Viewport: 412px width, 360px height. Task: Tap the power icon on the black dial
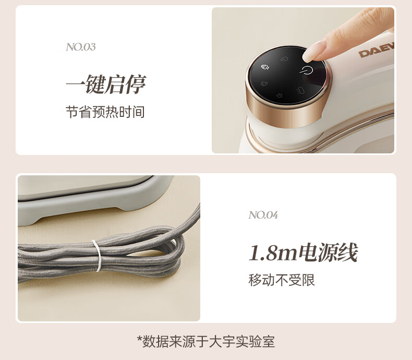click(306, 70)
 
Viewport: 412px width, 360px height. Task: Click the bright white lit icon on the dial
click(265, 67)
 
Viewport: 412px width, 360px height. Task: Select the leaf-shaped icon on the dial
click(284, 58)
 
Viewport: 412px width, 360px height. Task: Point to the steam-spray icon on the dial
click(300, 91)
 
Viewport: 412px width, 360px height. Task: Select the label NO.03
click(81, 47)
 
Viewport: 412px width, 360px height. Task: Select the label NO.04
click(263, 215)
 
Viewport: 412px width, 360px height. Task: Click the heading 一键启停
click(105, 84)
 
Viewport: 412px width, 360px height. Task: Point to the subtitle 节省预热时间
click(105, 112)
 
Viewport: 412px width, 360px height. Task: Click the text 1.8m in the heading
click(273, 253)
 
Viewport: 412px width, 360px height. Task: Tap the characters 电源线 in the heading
click(328, 253)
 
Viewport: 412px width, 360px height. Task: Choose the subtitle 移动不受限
click(282, 280)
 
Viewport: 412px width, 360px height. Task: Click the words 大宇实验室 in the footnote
click(242, 342)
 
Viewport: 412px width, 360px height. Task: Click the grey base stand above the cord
click(94, 200)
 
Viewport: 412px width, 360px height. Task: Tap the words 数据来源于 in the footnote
click(175, 342)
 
